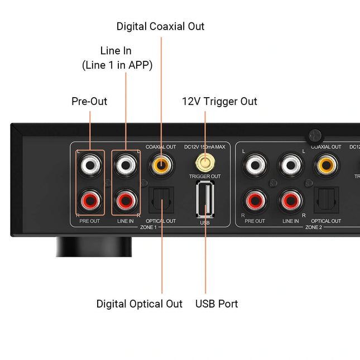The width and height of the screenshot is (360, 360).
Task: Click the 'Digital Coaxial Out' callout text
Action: click(x=160, y=26)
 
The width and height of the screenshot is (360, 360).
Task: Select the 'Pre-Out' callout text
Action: click(x=89, y=101)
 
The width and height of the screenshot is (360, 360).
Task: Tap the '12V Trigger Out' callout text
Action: click(x=219, y=101)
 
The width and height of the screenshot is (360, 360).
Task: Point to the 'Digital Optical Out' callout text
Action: click(x=139, y=304)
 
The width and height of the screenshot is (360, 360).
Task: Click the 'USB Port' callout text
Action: click(x=217, y=304)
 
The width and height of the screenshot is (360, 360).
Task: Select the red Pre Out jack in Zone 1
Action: click(x=90, y=199)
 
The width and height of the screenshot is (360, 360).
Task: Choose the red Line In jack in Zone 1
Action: click(x=125, y=199)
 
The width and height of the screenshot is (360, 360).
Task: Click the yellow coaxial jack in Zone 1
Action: click(x=161, y=164)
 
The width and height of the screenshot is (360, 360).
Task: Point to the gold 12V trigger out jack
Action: click(x=205, y=164)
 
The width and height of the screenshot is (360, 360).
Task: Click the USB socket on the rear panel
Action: click(x=205, y=200)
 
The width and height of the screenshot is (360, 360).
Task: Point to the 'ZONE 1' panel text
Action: click(x=149, y=228)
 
